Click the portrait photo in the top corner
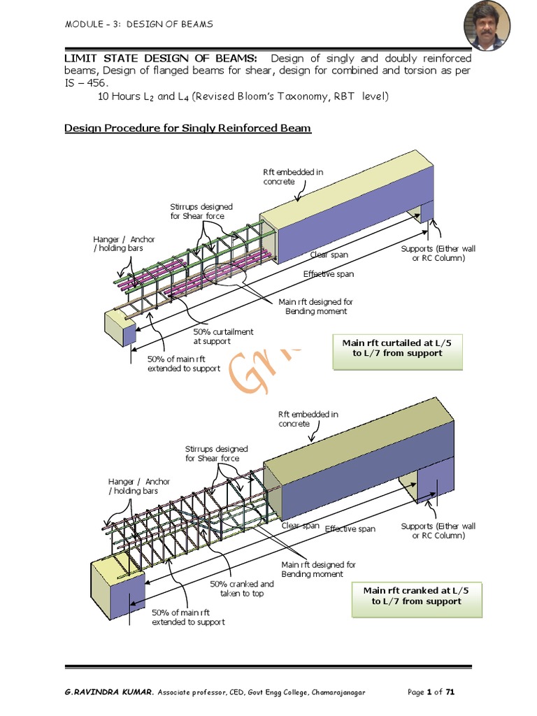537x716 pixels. (x=487, y=26)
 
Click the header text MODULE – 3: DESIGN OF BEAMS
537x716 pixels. (x=138, y=24)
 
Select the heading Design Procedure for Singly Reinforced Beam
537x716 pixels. (x=187, y=129)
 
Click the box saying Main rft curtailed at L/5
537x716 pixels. (x=398, y=348)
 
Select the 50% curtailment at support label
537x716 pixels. (x=223, y=336)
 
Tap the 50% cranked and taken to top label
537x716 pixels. (x=237, y=589)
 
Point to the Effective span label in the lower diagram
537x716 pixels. (x=350, y=529)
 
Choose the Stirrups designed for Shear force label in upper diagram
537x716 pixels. (x=201, y=211)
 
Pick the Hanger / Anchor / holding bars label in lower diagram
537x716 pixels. (x=138, y=486)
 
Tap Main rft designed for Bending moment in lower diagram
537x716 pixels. (x=318, y=568)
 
